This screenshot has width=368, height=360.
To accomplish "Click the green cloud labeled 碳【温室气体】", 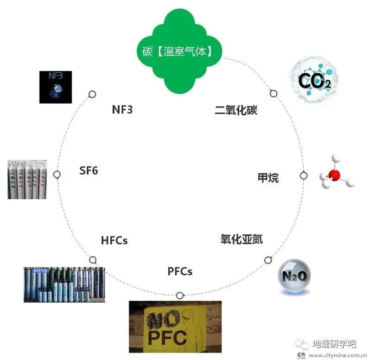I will pos(181,51).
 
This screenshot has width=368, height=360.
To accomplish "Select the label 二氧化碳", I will pos(236,110).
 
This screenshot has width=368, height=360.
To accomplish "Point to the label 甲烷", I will pos(268,177).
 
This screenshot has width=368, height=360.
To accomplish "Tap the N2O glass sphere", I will pos(294,277).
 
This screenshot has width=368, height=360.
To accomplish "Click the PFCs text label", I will pos(180,271).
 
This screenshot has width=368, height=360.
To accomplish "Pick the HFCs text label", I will pos(114,240).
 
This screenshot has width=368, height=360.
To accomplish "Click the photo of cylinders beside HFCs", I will pos(64,284).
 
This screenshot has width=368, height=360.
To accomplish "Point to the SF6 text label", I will pos(89,171).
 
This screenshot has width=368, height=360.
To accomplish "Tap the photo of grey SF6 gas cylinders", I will pos(27,179).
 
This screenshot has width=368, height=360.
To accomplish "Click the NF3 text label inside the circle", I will pos(122,110).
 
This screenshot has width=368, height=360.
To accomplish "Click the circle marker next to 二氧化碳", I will pos(273,94).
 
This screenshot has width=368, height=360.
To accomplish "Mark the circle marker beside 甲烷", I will pos(304,176).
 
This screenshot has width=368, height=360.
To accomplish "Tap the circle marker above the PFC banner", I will pos(179,295).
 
